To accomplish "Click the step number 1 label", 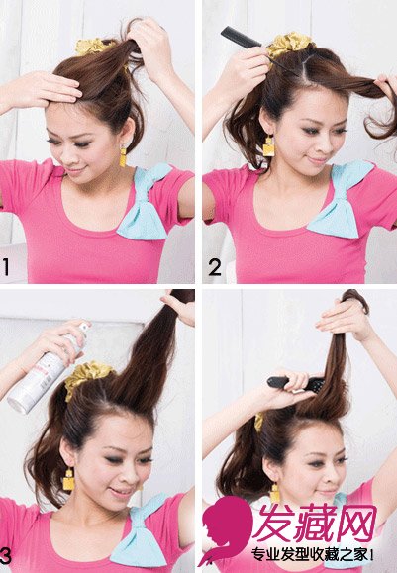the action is (6, 267).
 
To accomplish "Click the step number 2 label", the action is (215, 267).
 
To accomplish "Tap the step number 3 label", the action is (5, 556).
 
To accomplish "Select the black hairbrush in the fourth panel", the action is (296, 384).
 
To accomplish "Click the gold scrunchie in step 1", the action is (93, 47).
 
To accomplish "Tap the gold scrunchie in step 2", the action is (289, 45).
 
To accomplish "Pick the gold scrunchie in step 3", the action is (88, 379).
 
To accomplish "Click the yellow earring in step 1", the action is (123, 156).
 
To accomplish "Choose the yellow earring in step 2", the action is (268, 145).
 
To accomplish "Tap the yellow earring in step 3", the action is (68, 479).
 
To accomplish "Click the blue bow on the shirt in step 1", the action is (146, 202).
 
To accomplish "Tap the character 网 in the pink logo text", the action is (356, 524).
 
